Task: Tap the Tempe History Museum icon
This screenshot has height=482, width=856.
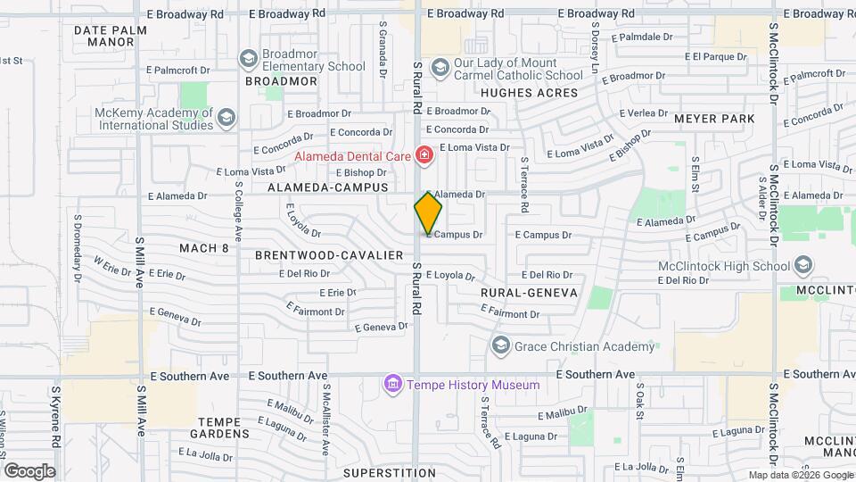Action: pos(392,385)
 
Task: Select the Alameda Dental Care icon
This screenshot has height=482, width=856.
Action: pos(424,157)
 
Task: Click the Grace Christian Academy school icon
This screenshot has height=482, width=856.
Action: pos(500,345)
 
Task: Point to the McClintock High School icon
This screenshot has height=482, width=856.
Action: pos(803,266)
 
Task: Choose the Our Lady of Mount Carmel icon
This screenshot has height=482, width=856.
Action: pos(440,68)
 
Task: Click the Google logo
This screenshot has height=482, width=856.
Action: pos(29,471)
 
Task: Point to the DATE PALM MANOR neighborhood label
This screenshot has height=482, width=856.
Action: pos(103,36)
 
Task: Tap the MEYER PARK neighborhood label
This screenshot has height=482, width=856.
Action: pos(714,119)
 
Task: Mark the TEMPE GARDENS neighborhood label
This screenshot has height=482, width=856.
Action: pos(224,428)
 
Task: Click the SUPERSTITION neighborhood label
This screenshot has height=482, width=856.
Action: pos(388,472)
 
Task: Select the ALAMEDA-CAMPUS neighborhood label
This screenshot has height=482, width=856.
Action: pos(330,187)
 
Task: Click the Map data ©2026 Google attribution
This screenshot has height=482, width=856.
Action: pos(800,475)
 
